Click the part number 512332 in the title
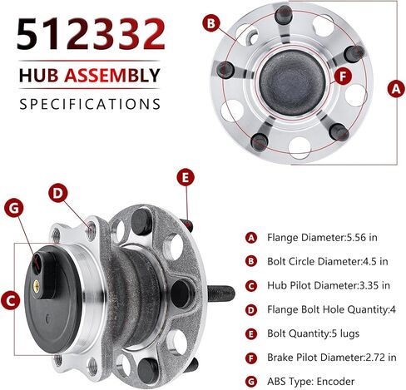[x=91, y=33]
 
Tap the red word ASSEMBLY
[x=112, y=76]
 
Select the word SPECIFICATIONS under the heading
[x=90, y=104]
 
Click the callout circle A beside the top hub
[x=396, y=89]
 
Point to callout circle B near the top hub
[x=211, y=23]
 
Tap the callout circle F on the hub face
[x=343, y=76]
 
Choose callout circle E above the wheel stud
[x=186, y=177]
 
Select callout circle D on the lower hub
[x=58, y=193]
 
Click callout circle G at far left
[x=14, y=209]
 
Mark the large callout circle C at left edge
[x=10, y=301]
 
